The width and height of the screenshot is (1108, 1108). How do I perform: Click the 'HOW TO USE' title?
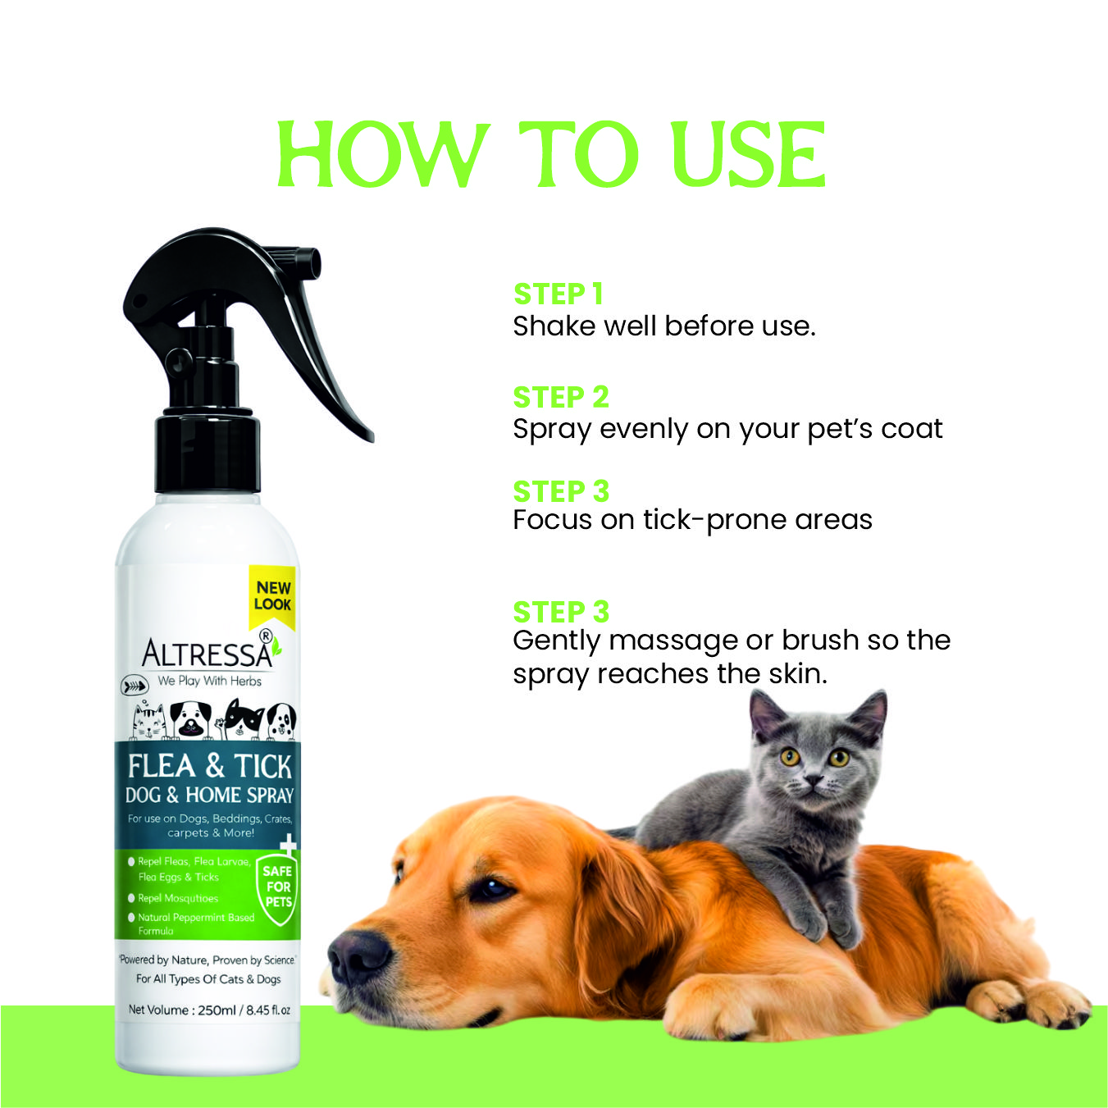click(x=551, y=155)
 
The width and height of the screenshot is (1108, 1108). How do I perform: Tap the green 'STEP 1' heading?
click(x=558, y=294)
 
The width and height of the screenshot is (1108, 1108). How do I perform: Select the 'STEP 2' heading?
click(x=561, y=397)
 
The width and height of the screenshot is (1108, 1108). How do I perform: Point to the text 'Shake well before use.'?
click(x=664, y=326)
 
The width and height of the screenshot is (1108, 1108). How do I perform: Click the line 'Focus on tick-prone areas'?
click(x=692, y=521)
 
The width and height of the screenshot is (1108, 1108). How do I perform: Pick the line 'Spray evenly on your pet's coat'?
click(x=727, y=430)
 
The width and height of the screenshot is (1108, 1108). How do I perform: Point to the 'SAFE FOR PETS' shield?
click(x=278, y=887)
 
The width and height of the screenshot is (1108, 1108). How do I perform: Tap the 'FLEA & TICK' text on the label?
click(x=209, y=766)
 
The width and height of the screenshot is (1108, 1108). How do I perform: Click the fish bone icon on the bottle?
click(x=134, y=686)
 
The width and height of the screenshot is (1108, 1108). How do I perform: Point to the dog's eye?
click(x=490, y=890)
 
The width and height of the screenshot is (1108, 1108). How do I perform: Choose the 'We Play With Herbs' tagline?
click(x=209, y=682)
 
